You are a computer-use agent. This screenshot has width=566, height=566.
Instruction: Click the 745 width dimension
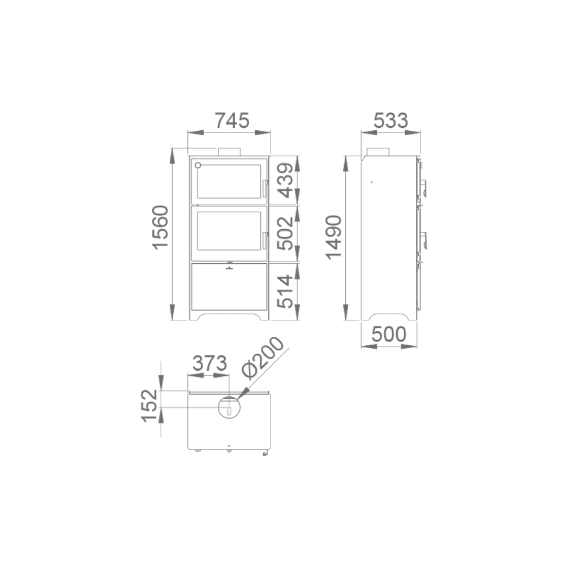[x=232, y=121]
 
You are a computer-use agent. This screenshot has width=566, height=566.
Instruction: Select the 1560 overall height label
[x=160, y=228]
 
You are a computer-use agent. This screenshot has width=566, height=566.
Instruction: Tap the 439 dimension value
[x=285, y=181]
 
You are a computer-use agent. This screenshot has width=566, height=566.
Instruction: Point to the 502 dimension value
[x=285, y=233]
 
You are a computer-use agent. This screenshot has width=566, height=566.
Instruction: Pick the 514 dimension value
[x=285, y=291]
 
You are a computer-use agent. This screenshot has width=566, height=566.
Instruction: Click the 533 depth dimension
[x=391, y=121]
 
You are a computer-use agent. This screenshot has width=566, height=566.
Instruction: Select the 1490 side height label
[x=333, y=237]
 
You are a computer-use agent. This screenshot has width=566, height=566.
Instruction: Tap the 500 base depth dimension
[x=389, y=335]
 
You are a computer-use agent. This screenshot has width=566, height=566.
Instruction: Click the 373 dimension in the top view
[x=210, y=363]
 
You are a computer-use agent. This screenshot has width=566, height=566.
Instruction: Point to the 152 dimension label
[x=149, y=406]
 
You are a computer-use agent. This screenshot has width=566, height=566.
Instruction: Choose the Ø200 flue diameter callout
[x=263, y=357]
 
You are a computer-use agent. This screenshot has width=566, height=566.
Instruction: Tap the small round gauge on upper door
[x=198, y=165]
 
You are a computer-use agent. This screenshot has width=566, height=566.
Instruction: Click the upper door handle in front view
[x=264, y=188]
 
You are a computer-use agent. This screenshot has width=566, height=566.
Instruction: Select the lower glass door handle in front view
[x=264, y=241]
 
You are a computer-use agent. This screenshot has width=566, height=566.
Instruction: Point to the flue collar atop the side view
[x=378, y=152]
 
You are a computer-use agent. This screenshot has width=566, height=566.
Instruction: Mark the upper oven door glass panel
[x=229, y=182]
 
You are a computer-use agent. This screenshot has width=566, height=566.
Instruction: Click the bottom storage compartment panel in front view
[x=229, y=286]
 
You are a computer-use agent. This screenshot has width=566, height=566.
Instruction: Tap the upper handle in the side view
[x=424, y=188]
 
